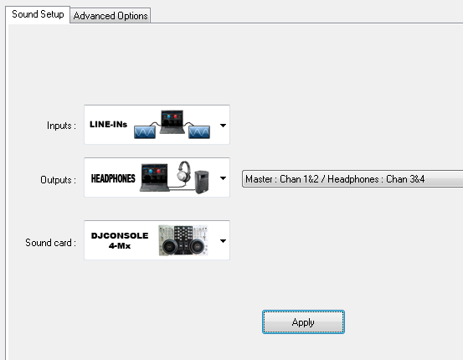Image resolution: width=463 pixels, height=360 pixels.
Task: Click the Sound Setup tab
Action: point(38,14)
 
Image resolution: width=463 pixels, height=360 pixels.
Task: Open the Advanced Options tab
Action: point(111,16)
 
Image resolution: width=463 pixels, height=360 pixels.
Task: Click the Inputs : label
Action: point(61,126)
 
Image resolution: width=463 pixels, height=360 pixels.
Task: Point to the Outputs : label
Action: point(58,180)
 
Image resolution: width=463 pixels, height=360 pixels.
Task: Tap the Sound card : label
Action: point(51,243)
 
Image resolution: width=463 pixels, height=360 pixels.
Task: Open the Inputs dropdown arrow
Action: point(223,126)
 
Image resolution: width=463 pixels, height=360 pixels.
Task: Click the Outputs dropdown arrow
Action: point(223,178)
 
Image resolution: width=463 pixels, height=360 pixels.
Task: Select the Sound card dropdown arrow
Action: point(223,240)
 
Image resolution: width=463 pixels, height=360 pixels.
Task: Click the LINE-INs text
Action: point(108,125)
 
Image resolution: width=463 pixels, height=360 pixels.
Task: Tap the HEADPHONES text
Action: point(113,178)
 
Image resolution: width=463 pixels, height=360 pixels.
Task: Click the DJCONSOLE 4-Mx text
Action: point(120,240)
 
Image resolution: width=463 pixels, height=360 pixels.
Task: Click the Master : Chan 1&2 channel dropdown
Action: point(352,179)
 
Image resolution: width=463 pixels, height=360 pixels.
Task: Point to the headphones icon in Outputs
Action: point(183,171)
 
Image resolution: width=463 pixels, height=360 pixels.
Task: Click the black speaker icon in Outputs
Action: point(202,182)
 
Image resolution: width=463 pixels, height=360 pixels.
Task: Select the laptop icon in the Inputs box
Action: point(172,122)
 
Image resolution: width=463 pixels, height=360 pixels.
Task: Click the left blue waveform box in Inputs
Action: point(145,132)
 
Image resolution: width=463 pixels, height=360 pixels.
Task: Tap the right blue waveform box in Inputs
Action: point(199,132)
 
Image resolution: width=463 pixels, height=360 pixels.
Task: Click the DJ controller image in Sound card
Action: point(183,240)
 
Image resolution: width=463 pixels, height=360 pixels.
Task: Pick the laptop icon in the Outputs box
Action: point(155,177)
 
